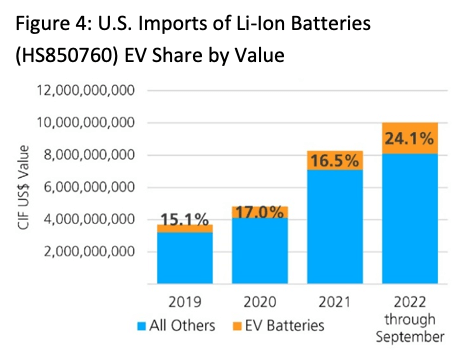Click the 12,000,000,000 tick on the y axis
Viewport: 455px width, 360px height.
click(x=88, y=91)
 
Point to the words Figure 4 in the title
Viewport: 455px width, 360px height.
click(x=48, y=22)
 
